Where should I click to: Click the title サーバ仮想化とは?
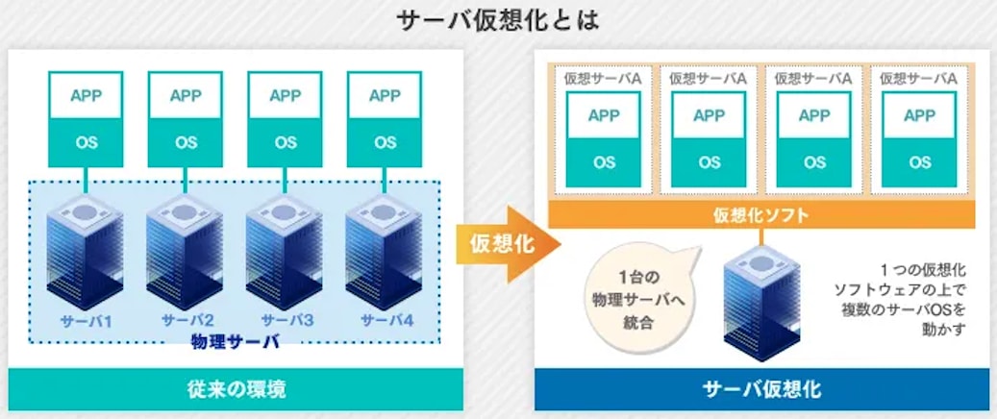point(498,20)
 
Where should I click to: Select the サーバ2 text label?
point(187,320)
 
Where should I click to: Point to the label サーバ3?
point(286,320)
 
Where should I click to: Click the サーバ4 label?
point(386,320)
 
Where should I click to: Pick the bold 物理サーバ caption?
point(236,341)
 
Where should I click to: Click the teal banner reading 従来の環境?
point(237,390)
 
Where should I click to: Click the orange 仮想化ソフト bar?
point(760,215)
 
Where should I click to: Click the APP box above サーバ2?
point(186,95)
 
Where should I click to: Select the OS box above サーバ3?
point(286,142)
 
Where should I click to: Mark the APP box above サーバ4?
point(385,95)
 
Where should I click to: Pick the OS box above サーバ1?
point(86,142)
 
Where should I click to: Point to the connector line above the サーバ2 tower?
point(186,178)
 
